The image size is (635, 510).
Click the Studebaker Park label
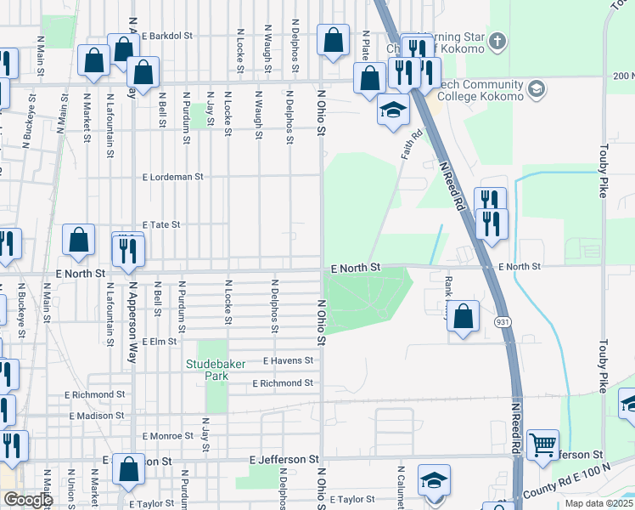[216, 364]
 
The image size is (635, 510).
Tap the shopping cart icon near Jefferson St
[542, 444]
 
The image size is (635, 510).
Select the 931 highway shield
[502, 320]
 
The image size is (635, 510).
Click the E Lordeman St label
[174, 177]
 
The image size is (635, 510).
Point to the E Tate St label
[161, 224]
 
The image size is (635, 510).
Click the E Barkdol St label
[168, 36]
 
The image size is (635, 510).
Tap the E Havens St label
[289, 360]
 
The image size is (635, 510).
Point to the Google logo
[27, 499]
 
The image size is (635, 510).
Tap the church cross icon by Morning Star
[497, 40]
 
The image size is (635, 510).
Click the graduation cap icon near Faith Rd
[393, 110]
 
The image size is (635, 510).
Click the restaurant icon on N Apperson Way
[128, 251]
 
